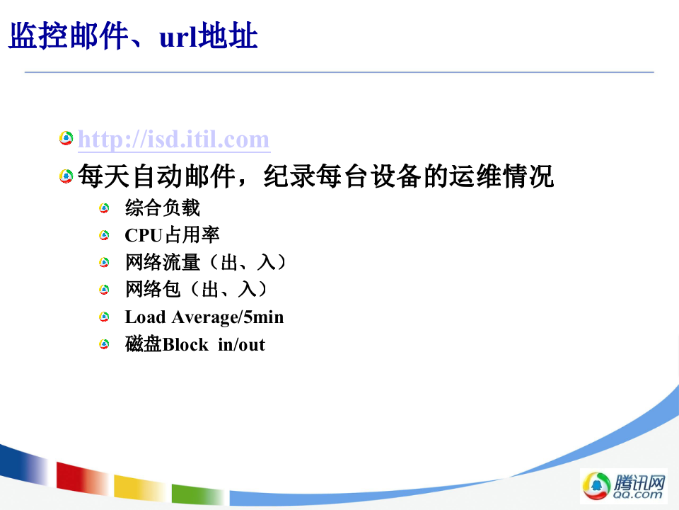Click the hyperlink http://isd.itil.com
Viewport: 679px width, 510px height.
tap(173, 140)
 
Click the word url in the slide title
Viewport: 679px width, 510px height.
tap(177, 37)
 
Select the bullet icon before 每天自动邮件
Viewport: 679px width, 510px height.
tap(66, 176)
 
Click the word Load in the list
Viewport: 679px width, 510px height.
tap(145, 317)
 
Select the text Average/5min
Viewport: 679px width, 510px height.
tap(227, 317)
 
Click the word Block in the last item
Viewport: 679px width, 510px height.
tap(185, 345)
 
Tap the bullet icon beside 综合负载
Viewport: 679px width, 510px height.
tap(105, 208)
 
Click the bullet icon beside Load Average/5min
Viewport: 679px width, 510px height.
tap(105, 317)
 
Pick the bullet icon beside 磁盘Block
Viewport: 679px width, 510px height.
tap(105, 344)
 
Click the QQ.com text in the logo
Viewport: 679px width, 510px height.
tap(638, 495)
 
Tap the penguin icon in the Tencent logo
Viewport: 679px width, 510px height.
tap(595, 486)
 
